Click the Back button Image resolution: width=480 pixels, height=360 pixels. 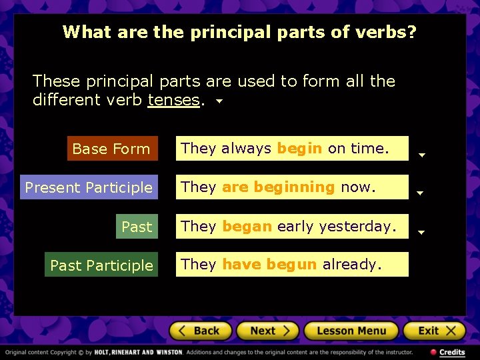tap(201, 331)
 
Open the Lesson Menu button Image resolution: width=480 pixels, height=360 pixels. tap(351, 331)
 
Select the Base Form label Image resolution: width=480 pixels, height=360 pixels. tap(111, 149)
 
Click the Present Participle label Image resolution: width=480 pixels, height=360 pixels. tap(89, 188)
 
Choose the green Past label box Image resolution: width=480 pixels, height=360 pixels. tap(137, 227)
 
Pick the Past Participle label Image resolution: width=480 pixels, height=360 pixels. tap(101, 265)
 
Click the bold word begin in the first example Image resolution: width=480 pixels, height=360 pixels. tap(299, 149)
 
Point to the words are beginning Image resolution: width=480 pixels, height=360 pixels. tap(278, 187)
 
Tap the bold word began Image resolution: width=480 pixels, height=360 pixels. tap(247, 226)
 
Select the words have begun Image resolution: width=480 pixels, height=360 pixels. tap(269, 265)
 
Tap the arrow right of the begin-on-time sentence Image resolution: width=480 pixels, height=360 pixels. tap(421, 155)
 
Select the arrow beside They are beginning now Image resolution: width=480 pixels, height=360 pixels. tap(420, 193)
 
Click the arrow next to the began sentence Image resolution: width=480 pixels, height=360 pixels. tap(421, 233)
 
